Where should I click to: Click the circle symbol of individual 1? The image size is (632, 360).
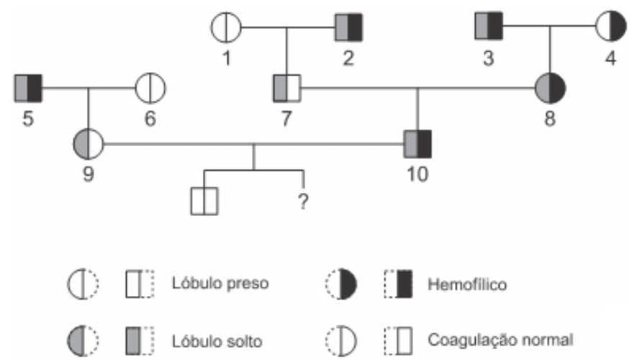click(x=226, y=29)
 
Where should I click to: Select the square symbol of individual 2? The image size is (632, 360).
click(x=348, y=29)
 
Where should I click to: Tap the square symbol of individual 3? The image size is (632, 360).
click(x=489, y=29)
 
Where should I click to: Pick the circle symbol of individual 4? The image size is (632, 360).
click(x=610, y=29)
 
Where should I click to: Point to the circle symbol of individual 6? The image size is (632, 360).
click(x=150, y=89)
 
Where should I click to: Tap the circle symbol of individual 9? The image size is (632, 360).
click(x=89, y=143)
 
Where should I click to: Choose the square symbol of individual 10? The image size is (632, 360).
click(x=417, y=143)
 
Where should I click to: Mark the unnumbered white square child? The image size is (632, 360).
click(x=204, y=201)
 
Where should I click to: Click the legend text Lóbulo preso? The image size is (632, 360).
click(x=220, y=284)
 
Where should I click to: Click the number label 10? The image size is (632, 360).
click(x=417, y=174)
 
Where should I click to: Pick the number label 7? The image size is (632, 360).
click(x=286, y=119)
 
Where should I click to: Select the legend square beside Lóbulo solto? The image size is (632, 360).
click(x=140, y=338)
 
